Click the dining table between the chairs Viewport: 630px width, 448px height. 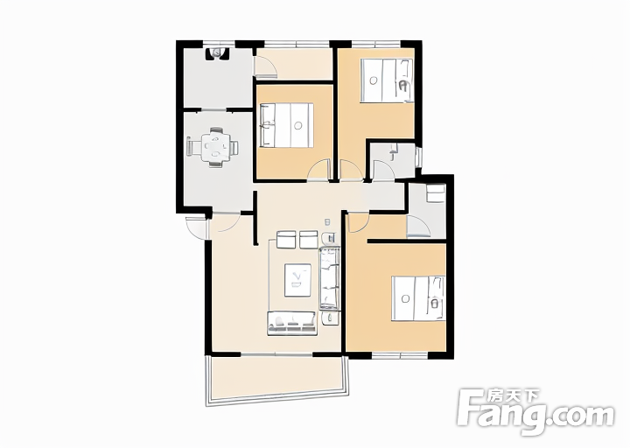217,147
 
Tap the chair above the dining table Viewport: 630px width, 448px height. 217,129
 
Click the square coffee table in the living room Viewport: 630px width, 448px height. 297,280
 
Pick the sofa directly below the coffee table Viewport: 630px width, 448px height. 292,323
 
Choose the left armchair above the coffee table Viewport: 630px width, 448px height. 287,240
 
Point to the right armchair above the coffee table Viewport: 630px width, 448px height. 309,240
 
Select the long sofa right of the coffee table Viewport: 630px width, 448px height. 330,278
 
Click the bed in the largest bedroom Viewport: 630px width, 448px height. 418,298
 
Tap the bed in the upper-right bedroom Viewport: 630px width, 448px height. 387,80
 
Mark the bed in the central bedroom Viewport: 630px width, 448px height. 287,125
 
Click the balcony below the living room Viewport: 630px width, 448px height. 277,379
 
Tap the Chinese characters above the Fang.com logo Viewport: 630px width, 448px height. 513,396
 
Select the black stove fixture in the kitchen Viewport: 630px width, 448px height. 217,53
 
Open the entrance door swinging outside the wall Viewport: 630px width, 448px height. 196,227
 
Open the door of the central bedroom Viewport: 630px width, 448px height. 318,171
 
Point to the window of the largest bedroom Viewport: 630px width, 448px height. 400,355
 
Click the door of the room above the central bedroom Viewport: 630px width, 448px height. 265,66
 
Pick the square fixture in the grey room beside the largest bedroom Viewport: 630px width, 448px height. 436,193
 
